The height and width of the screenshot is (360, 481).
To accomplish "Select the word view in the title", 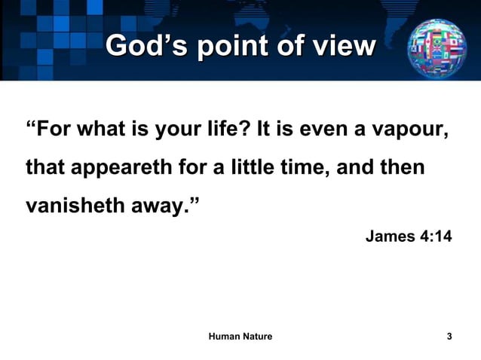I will pyautogui.click(x=343, y=47).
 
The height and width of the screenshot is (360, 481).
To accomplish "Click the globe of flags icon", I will pyautogui.click(x=437, y=47).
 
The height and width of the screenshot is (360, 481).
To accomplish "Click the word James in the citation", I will pyautogui.click(x=390, y=237).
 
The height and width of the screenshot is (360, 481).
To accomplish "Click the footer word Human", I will pyautogui.click(x=223, y=337).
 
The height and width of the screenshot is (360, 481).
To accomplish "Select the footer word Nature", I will pyautogui.click(x=257, y=337).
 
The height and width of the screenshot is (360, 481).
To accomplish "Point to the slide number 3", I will pyautogui.click(x=449, y=337).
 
